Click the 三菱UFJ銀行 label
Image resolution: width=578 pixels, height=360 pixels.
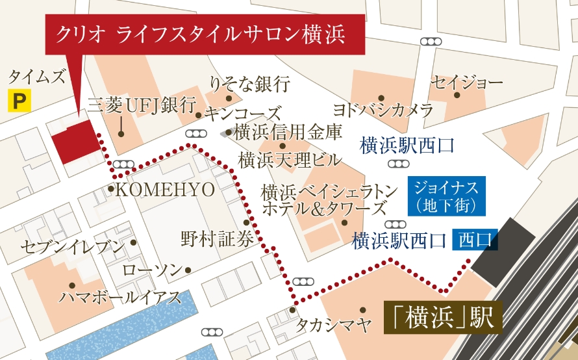click(x=142, y=105)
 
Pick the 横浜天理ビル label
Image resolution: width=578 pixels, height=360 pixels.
click(x=289, y=159)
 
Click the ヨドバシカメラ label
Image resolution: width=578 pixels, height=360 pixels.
click(x=383, y=109)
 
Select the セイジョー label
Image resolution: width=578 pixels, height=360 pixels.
click(x=467, y=83)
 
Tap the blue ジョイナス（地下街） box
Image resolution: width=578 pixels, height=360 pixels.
click(x=446, y=197)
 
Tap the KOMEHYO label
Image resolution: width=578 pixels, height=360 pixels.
click(x=164, y=190)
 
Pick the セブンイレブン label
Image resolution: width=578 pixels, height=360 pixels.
click(x=71, y=247)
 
